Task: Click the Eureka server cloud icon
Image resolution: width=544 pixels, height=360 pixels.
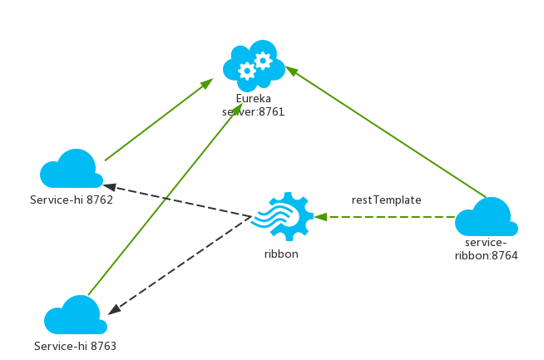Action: [x=254, y=65]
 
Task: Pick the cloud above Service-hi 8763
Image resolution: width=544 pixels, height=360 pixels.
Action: [x=76, y=316]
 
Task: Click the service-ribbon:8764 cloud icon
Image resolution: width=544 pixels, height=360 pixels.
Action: [x=487, y=218]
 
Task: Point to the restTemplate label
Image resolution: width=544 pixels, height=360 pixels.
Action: [x=386, y=200]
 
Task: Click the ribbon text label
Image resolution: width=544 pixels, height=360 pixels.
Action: [x=281, y=254]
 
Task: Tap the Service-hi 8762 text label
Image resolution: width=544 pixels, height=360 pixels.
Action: [x=72, y=200]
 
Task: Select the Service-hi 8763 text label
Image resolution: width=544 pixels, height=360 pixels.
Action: [x=76, y=346]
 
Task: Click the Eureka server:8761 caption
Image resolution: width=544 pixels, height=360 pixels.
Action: [x=253, y=105]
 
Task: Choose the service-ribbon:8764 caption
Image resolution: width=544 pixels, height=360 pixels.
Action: [x=487, y=249]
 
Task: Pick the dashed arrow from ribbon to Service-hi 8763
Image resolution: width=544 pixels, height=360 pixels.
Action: [x=179, y=264]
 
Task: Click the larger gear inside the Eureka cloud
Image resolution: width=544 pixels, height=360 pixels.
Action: [x=246, y=71]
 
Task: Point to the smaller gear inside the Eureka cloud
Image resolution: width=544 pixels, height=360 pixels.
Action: [x=263, y=60]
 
